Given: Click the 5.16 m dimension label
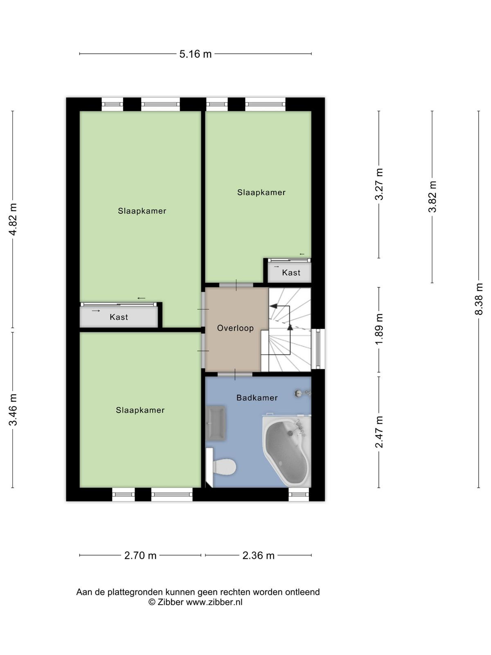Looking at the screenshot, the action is [195, 54].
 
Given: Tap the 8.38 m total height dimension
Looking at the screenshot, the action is [478, 299].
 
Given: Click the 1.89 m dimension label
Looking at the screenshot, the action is [378, 329].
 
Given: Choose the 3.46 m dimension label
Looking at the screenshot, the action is [13, 409].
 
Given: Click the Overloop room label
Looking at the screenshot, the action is [235, 328].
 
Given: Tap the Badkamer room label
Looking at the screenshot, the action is [257, 398].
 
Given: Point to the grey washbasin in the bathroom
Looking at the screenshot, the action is [215, 423].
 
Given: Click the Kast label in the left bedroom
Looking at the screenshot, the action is [119, 317].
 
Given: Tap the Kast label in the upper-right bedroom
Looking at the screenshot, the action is [291, 273].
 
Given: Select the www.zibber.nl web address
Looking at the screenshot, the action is [214, 602].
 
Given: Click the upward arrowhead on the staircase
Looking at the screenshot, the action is [290, 327].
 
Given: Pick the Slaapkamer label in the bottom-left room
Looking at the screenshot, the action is [140, 410].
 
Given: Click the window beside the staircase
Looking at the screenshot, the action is [318, 349].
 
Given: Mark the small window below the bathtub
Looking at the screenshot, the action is [299, 494].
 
